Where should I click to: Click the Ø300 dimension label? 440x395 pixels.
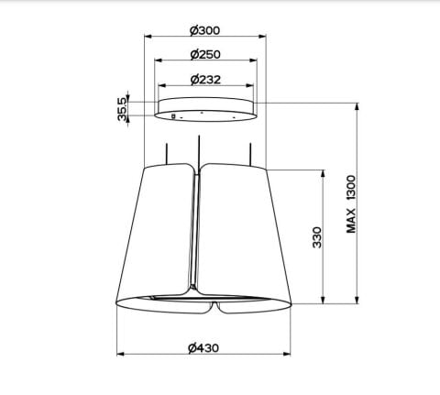204,30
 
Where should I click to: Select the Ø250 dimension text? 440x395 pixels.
205,54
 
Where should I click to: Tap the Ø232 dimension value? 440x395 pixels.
205,80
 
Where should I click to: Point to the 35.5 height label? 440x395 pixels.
122,109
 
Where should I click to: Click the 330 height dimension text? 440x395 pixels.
317,237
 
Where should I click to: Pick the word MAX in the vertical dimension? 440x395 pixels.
351,221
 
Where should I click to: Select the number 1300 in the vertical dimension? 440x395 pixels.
351,188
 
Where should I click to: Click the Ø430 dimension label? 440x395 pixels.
203,348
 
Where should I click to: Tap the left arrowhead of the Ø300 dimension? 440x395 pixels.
148,37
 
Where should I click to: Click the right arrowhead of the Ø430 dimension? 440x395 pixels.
287,354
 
